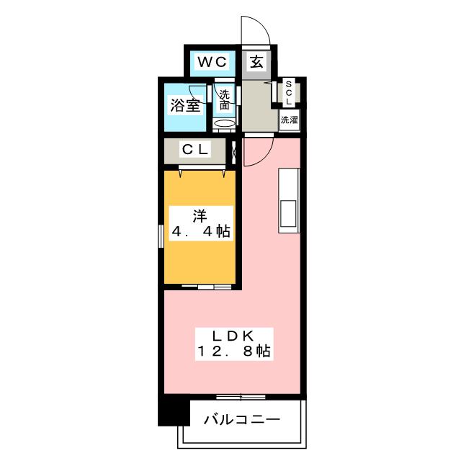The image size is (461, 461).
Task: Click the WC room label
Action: pyautogui.click(x=212, y=62)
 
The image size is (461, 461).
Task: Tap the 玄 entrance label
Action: pyautogui.click(x=256, y=62)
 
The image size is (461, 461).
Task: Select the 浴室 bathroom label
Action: pyautogui.click(x=185, y=105)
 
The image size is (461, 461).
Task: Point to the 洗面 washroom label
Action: pyautogui.click(x=225, y=99)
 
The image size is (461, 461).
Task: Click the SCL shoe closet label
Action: pyautogui.click(x=289, y=93)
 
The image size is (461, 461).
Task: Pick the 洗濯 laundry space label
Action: pyautogui.click(x=290, y=120)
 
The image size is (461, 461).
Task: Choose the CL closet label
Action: pyautogui.click(x=195, y=150)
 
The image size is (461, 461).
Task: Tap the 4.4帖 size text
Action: pyautogui.click(x=201, y=232)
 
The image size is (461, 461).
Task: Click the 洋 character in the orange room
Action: pyautogui.click(x=200, y=216)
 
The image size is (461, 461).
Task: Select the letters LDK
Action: pyautogui.click(x=233, y=336)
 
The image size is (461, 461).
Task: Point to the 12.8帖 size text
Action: pyautogui.click(x=234, y=351)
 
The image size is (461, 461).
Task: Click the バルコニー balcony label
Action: pyautogui.click(x=242, y=419)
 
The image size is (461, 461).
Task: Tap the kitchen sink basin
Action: pyautogui.click(x=288, y=214)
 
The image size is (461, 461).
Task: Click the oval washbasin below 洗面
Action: pyautogui.click(x=224, y=123)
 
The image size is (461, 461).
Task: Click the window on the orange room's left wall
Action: pyautogui.click(x=161, y=236)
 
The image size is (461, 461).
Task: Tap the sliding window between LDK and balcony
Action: pyautogui.click(x=241, y=397)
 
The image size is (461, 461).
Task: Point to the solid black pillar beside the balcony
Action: pyautogui.click(x=174, y=410)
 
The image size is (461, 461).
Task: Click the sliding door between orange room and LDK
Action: pyautogui.click(x=207, y=287)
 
